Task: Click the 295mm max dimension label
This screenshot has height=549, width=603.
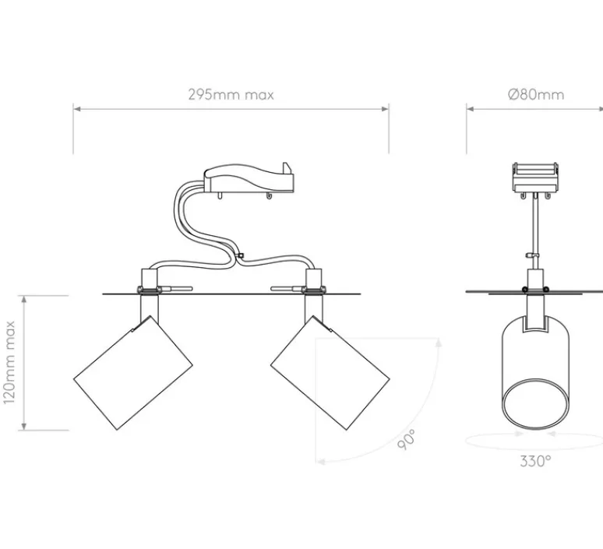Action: pyautogui.click(x=231, y=95)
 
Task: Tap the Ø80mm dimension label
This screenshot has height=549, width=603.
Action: pyautogui.click(x=535, y=95)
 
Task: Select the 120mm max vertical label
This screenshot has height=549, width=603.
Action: pyautogui.click(x=10, y=362)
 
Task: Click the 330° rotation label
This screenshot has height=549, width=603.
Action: pyautogui.click(x=535, y=460)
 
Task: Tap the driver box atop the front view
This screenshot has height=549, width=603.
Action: pyautogui.click(x=249, y=181)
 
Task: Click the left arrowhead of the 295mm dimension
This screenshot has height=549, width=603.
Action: pyautogui.click(x=76, y=109)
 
